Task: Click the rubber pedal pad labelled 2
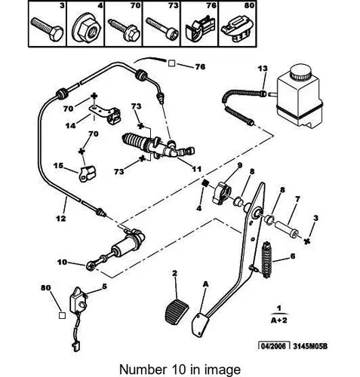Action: pos(177,312)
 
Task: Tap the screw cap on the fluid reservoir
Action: pos(300,72)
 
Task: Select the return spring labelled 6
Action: pos(267,260)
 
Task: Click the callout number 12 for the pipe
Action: pos(60,218)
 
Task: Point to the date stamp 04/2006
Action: pos(274,346)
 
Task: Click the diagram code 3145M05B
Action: pos(310,346)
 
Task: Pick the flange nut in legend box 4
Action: pos(87,30)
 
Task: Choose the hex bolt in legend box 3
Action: pos(48,29)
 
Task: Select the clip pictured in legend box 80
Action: pos(237,29)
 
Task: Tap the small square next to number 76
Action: pos(171,63)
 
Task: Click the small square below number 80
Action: pos(62,315)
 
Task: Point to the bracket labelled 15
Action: pos(88,173)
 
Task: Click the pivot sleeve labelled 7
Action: pos(287,229)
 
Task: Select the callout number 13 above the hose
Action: pos(263,69)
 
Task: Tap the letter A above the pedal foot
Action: pos(206,284)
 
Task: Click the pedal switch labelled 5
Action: pos(78,300)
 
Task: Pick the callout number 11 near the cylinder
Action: pos(196,169)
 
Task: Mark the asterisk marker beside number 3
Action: pos(306,241)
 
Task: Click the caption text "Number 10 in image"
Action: pos(180,369)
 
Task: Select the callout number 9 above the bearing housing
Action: pos(239,165)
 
